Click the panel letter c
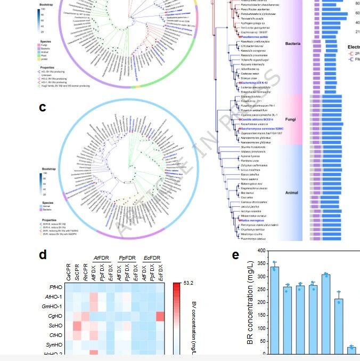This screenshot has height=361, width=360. (43, 107)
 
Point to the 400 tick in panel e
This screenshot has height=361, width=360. (260, 250)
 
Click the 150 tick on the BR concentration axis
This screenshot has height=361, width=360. (260, 315)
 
